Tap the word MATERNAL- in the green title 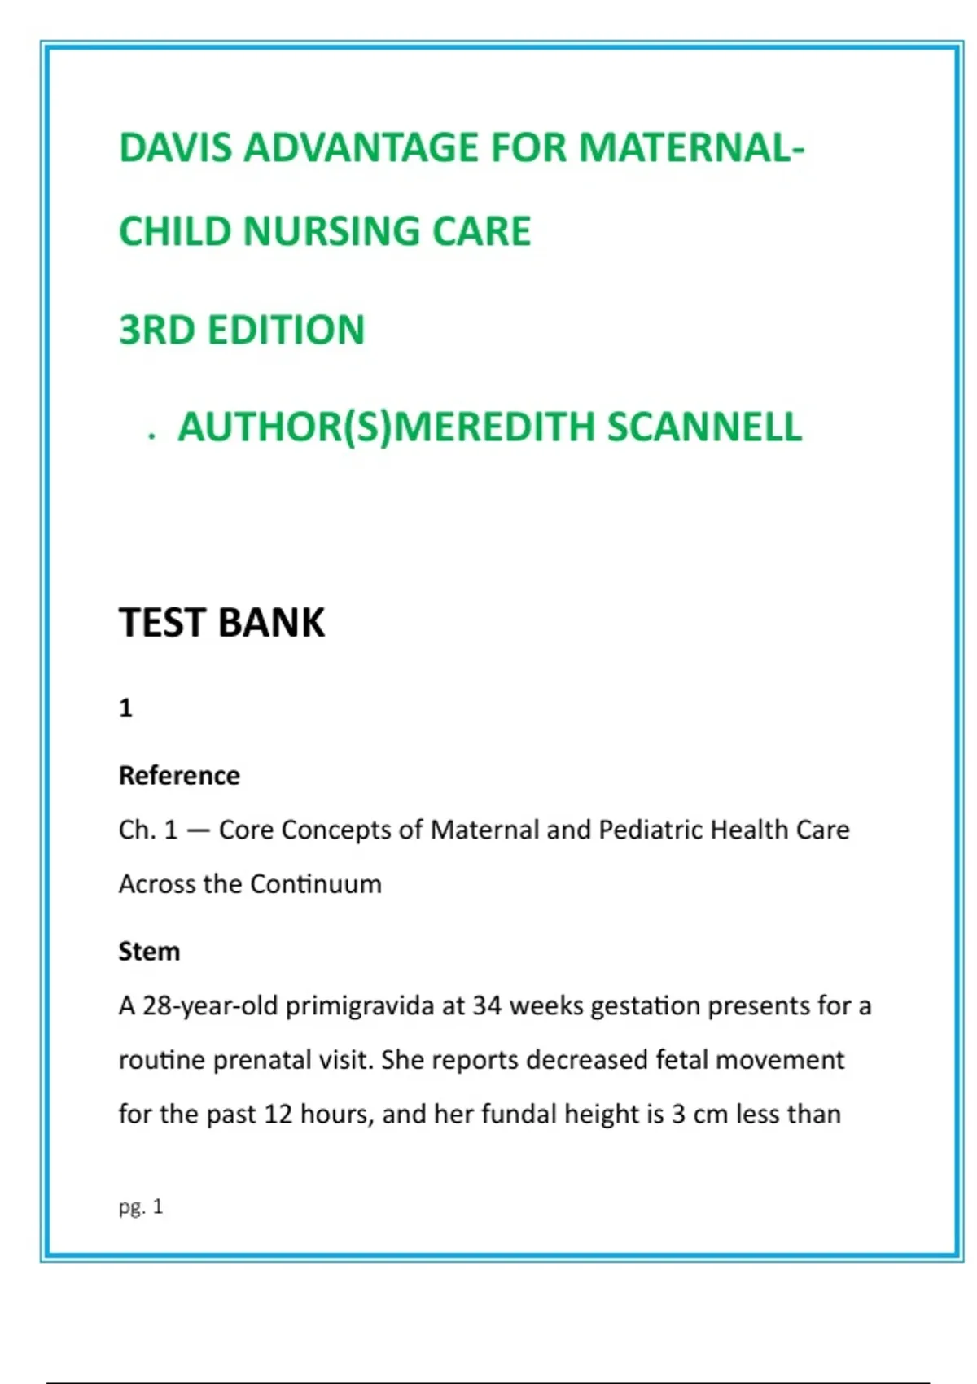(691, 148)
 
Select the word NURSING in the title (331, 231)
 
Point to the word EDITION (286, 331)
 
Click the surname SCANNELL (705, 427)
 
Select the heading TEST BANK (221, 623)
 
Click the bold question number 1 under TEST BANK (125, 708)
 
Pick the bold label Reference (179, 776)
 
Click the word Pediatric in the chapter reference (651, 830)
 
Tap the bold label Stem (149, 952)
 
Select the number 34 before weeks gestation (487, 1006)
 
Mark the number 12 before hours (278, 1114)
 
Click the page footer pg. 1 (141, 1207)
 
